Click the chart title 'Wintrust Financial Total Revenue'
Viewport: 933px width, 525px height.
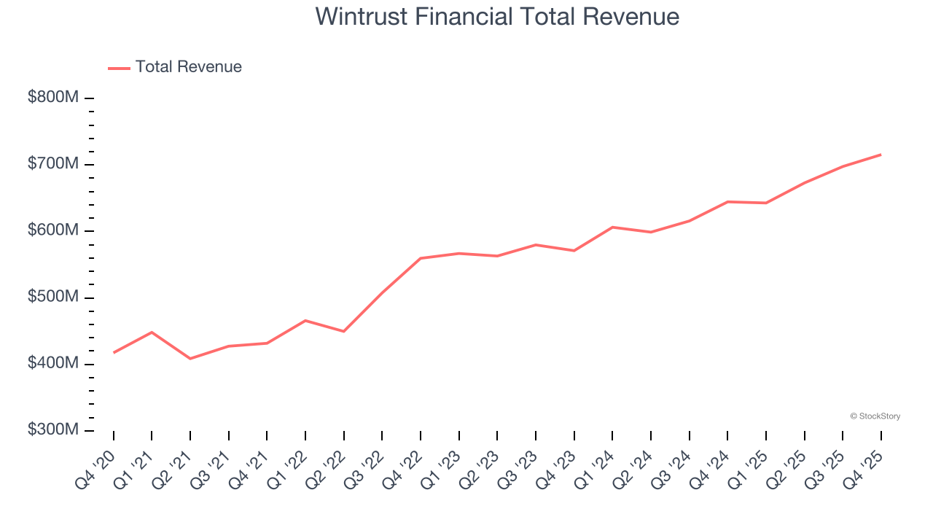coord(497,16)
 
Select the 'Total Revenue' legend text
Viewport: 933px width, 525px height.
coord(188,67)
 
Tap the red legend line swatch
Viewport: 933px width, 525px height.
coord(119,68)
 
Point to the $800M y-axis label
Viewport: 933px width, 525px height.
coord(53,98)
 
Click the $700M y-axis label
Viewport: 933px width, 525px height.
coord(53,164)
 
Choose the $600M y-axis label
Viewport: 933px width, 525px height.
coord(53,230)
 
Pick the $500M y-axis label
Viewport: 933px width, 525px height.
coord(53,297)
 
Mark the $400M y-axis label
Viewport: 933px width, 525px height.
coord(53,364)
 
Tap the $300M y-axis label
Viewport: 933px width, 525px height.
coord(53,430)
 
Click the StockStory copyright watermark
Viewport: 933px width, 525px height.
coord(875,416)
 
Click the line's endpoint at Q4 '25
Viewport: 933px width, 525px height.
coord(881,155)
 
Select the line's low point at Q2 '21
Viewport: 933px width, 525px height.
coord(190,359)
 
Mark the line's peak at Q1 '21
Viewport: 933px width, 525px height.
coord(152,332)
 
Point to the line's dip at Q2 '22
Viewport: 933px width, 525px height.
coord(343,332)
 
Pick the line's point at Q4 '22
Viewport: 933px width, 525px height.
coord(421,258)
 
